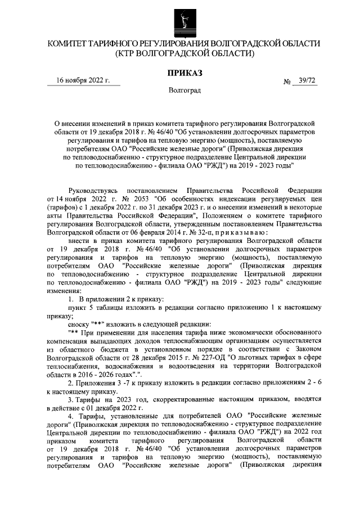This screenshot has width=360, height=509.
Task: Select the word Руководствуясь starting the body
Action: (x=91, y=192)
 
